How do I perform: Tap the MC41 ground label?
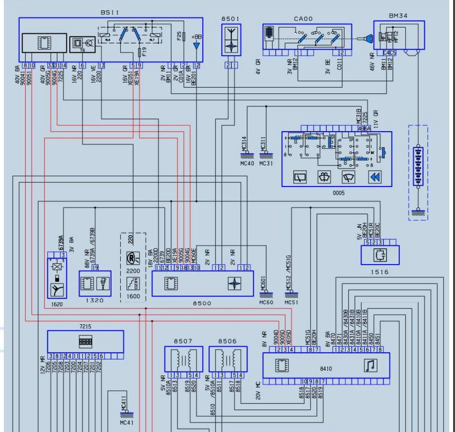pos(126,423)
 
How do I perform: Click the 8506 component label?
pos(227,341)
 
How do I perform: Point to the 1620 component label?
pos(57,303)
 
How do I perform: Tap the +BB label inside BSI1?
pos(196,36)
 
